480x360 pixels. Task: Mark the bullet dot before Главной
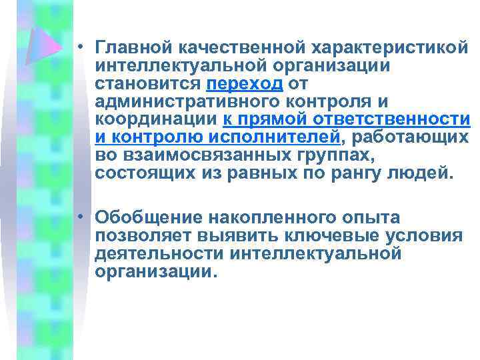tap(79, 48)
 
